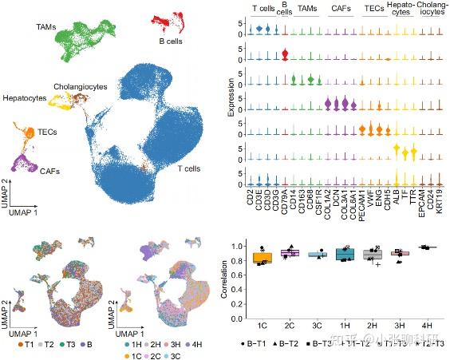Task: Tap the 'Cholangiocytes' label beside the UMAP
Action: click(80, 86)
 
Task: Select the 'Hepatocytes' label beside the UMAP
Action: click(23, 99)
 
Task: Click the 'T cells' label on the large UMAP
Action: click(189, 169)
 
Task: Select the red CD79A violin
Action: click(285, 56)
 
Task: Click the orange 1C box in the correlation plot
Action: click(261, 257)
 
